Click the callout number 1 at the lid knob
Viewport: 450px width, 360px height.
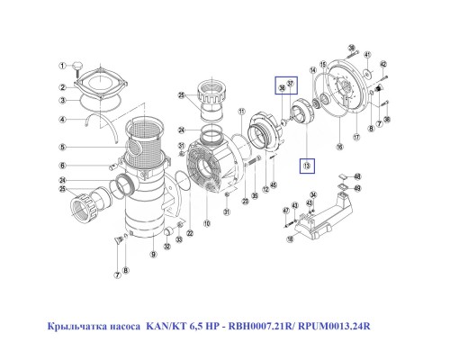pyautogui.click(x=63, y=66)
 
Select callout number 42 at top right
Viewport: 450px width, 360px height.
pyautogui.click(x=382, y=65)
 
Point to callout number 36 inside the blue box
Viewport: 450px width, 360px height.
pyautogui.click(x=282, y=87)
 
